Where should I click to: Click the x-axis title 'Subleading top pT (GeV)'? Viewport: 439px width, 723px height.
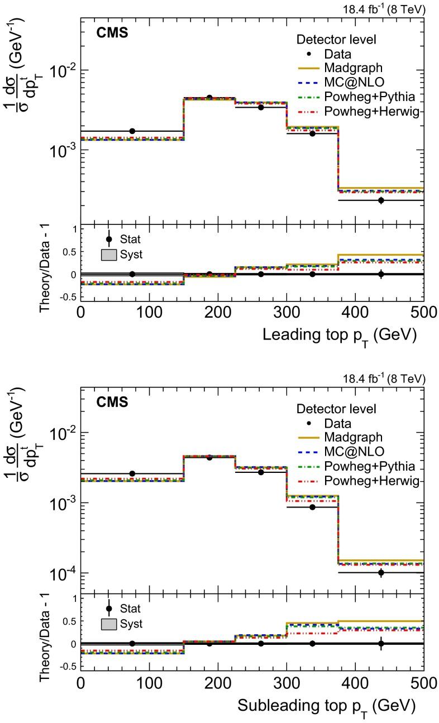point(327,705)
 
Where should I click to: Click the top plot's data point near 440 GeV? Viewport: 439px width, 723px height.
point(381,200)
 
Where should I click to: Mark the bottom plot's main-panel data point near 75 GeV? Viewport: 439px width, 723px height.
point(132,473)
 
